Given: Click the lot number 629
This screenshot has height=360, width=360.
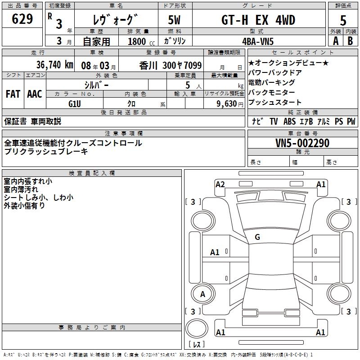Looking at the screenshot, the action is point(22,19).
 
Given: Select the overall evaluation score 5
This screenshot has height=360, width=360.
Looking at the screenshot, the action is point(343,21).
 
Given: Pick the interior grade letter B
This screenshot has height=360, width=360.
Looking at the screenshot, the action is point(350,40).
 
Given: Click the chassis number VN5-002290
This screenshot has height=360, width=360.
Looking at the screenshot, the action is point(302,143).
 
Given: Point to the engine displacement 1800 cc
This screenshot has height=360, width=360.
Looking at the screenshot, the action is point(140,41).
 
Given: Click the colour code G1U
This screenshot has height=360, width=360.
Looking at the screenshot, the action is point(75,103).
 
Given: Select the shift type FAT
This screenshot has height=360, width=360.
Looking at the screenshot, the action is point(13,94).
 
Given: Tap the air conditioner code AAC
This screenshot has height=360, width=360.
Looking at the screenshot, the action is point(35,94).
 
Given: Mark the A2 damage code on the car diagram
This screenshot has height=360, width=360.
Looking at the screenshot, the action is point(220,184).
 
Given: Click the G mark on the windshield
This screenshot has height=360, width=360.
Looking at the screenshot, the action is point(257,237).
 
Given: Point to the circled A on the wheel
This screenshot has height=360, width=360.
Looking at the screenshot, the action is point(202,294).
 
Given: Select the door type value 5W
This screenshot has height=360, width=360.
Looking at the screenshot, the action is point(175,20).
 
